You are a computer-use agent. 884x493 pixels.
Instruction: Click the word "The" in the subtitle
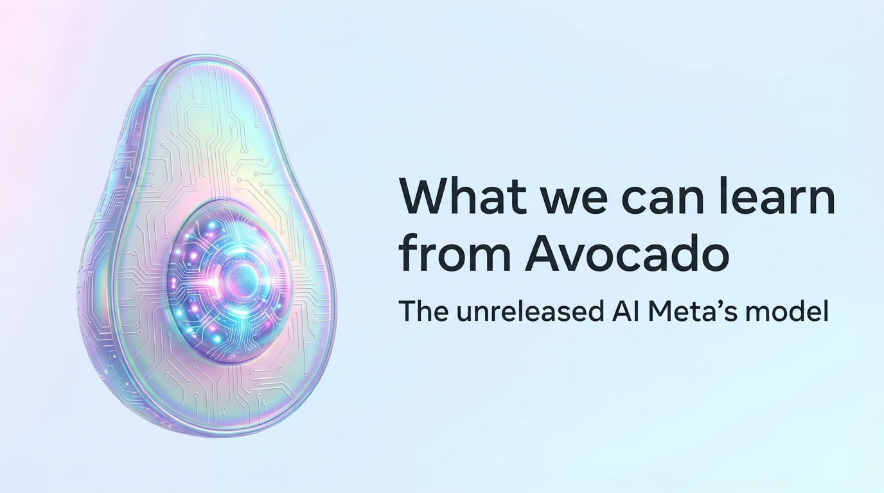(x=416, y=311)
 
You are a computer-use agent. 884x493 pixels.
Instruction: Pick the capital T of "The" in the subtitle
(x=405, y=311)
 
